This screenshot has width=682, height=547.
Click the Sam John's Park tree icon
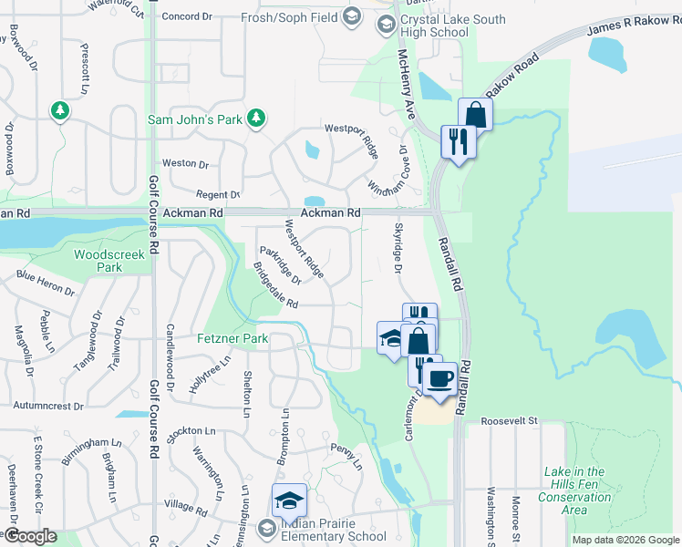click(x=257, y=118)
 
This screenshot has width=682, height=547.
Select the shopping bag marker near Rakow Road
click(x=475, y=115)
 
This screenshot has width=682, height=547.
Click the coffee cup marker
click(x=441, y=377)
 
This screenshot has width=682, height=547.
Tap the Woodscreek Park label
click(x=109, y=262)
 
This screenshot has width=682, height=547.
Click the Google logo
click(x=30, y=536)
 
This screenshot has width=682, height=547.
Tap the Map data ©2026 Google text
click(x=625, y=540)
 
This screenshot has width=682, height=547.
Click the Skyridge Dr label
click(x=398, y=248)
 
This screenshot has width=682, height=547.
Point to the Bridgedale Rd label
click(x=275, y=286)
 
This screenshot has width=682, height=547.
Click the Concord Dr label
click(x=186, y=16)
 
